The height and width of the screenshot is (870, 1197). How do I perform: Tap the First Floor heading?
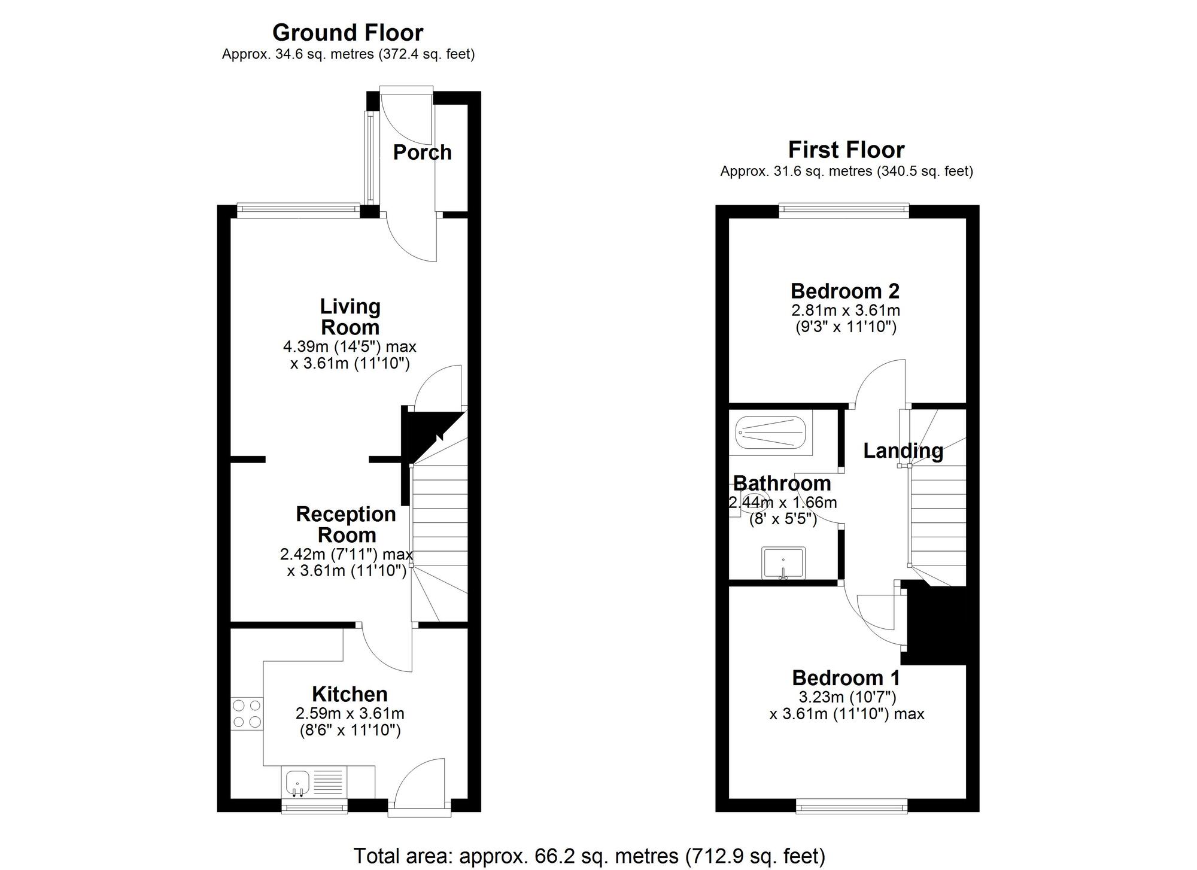pyautogui.click(x=846, y=150)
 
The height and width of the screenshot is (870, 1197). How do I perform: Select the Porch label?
pyautogui.click(x=422, y=153)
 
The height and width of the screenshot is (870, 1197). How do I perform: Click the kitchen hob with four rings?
pyautogui.click(x=247, y=713)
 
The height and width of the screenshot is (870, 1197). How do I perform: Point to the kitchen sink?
pyautogui.click(x=297, y=783)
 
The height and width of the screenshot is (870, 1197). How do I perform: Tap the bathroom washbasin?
pyautogui.click(x=783, y=563)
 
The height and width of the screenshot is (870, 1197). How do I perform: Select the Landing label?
pyautogui.click(x=903, y=451)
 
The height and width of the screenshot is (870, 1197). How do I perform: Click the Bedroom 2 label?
pyautogui.click(x=845, y=291)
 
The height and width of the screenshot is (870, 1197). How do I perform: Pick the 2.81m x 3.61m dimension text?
pyautogui.click(x=845, y=311)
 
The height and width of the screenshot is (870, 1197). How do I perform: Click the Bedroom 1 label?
pyautogui.click(x=846, y=678)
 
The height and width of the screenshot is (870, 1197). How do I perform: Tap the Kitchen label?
pyautogui.click(x=350, y=695)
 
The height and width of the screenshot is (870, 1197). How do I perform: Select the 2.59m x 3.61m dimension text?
pyautogui.click(x=350, y=714)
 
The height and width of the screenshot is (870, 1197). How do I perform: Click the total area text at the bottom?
pyautogui.click(x=589, y=856)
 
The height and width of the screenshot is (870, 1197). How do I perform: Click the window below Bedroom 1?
pyautogui.click(x=851, y=808)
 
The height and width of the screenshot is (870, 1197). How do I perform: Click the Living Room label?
pyautogui.click(x=350, y=317)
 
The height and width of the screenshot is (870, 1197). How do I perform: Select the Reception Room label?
pyautogui.click(x=346, y=524)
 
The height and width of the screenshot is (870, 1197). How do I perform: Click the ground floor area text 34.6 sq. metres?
pyautogui.click(x=348, y=54)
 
